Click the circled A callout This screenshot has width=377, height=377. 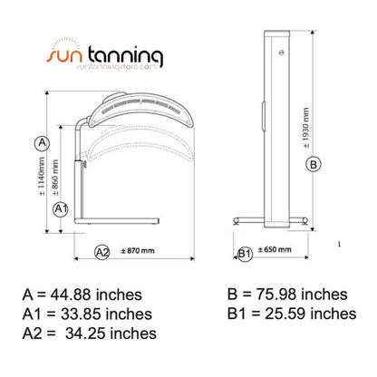[x=40, y=142]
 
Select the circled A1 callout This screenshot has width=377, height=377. [x=60, y=208]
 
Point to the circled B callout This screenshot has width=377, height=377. [x=314, y=164]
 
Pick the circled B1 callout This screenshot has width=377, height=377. [x=244, y=253]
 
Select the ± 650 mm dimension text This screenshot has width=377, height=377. [x=274, y=250]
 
